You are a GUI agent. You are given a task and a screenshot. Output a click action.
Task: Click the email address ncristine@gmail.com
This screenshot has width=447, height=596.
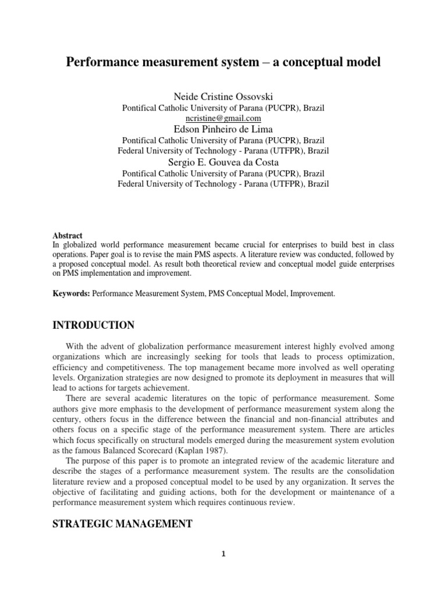tap(223, 118)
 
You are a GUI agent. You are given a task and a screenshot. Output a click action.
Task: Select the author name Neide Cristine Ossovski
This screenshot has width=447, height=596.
tap(223, 96)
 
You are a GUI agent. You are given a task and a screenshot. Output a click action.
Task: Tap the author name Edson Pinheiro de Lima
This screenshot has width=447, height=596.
tap(223, 128)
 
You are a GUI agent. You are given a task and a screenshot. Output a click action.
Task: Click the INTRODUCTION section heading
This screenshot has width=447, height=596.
tap(93, 325)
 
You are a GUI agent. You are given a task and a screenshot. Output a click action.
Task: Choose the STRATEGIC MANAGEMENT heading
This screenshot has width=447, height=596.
tap(122, 524)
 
